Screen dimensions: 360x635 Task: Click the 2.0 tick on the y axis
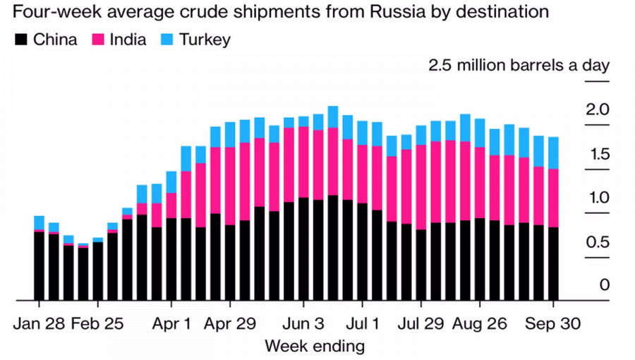tap(597, 110)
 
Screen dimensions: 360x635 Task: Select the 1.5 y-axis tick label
tap(597, 154)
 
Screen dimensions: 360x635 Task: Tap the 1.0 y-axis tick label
tap(597, 198)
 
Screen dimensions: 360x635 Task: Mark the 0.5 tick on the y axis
tap(597, 242)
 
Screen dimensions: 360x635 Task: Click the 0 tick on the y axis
tap(604, 285)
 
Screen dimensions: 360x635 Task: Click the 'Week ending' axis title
tap(315, 346)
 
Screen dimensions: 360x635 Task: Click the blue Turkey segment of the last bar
tap(553, 152)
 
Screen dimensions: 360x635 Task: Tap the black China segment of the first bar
tap(39, 265)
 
